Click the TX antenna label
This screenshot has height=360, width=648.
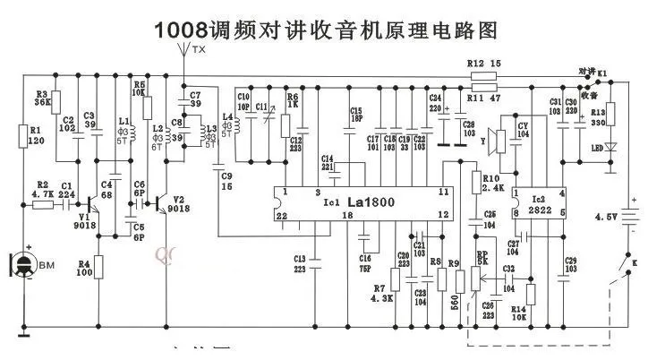199,51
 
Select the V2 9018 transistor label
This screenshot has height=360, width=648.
182,205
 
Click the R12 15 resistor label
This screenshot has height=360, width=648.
483,64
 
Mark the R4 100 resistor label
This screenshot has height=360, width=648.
83,269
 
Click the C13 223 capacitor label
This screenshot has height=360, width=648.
300,262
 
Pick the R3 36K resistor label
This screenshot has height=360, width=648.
42,98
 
